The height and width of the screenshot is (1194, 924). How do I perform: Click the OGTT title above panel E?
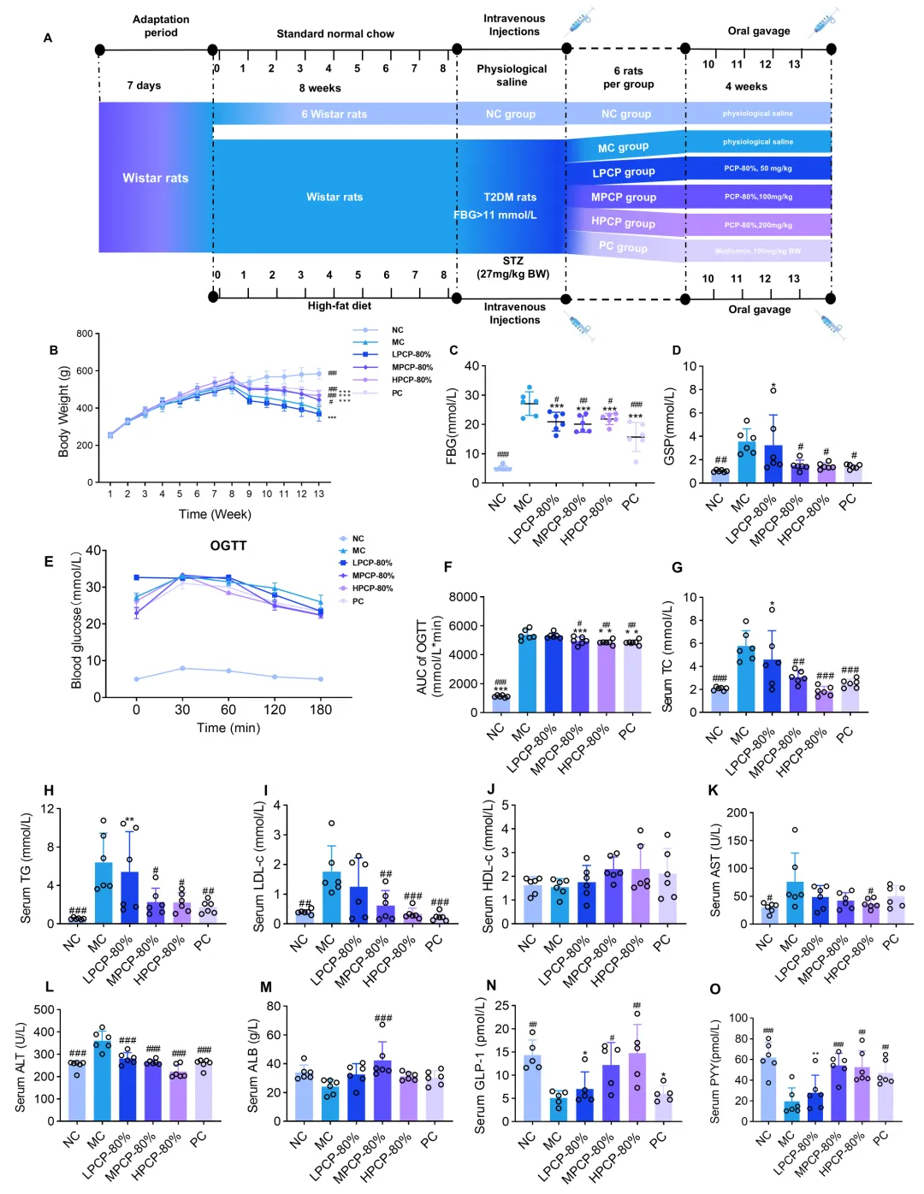click(x=228, y=546)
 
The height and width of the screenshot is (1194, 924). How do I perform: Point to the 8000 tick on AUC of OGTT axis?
click(x=463, y=597)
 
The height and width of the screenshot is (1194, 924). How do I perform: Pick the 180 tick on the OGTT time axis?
click(x=321, y=709)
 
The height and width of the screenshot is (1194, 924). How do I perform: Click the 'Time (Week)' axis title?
click(x=215, y=514)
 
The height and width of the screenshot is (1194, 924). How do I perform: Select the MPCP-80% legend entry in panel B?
click(x=412, y=367)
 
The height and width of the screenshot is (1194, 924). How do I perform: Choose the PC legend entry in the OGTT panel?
click(x=358, y=601)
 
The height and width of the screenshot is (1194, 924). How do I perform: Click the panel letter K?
click(x=713, y=790)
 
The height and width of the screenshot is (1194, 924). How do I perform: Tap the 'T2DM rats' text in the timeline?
click(x=510, y=197)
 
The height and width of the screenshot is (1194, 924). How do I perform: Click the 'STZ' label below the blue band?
click(x=512, y=261)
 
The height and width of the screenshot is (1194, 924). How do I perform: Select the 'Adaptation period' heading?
click(x=161, y=26)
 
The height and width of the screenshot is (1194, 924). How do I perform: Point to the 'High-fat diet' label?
click(x=340, y=305)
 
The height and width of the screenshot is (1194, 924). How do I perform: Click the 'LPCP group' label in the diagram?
click(x=624, y=172)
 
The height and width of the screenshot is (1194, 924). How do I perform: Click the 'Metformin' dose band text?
click(x=758, y=251)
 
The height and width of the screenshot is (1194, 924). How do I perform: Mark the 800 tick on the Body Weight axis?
click(x=84, y=334)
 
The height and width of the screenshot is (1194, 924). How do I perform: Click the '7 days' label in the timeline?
click(x=144, y=86)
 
